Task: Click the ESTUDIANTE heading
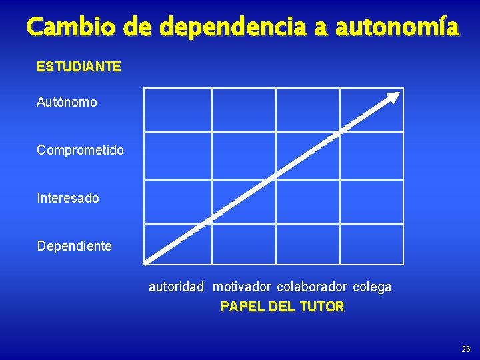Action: coord(79,67)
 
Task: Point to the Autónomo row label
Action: coord(67,103)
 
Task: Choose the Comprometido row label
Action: coord(80,150)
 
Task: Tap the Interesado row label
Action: coord(68,198)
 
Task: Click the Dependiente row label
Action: coord(75,246)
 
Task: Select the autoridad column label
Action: coord(176,287)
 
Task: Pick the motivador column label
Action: coord(242,287)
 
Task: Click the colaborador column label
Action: coord(312,287)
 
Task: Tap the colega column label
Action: coord(372,287)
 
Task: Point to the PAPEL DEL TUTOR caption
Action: coord(282,307)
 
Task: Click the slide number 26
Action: coord(465,349)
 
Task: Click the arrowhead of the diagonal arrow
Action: coord(395,97)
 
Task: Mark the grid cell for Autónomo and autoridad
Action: coord(177,109)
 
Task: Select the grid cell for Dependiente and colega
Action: coord(371,244)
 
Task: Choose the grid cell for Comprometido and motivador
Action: coord(243,155)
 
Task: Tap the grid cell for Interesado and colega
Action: coord(371,201)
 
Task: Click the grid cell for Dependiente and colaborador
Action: coord(307,244)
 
